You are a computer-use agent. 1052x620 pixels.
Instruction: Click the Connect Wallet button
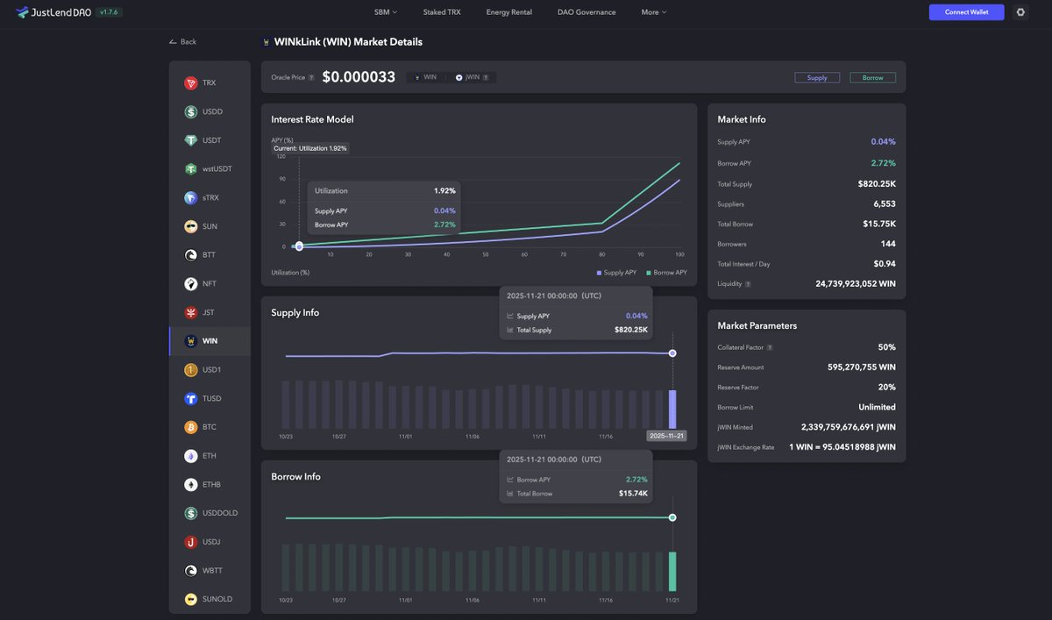point(966,12)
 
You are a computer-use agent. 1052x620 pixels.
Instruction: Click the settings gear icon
point(1020,12)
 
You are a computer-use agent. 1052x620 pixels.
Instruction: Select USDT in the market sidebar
point(210,140)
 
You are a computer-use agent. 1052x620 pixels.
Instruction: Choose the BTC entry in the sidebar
point(209,427)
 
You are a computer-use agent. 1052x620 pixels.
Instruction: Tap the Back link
point(183,42)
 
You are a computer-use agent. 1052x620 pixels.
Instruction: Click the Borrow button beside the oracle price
point(872,78)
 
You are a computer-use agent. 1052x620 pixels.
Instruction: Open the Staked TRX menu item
point(441,12)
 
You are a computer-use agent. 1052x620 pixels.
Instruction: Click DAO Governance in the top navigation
point(586,12)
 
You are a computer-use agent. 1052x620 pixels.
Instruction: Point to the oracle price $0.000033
point(359,77)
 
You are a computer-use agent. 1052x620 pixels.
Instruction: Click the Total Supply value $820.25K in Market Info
point(876,184)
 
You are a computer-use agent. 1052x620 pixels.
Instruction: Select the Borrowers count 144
point(887,244)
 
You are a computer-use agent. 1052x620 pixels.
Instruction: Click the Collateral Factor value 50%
point(886,347)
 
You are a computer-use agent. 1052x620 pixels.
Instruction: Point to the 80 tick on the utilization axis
point(601,254)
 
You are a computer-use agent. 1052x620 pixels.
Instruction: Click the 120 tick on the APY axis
point(281,156)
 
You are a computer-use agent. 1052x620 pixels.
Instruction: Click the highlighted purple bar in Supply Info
point(672,409)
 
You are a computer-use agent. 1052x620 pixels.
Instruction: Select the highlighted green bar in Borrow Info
point(672,571)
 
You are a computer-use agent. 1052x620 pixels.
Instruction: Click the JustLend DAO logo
point(54,12)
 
